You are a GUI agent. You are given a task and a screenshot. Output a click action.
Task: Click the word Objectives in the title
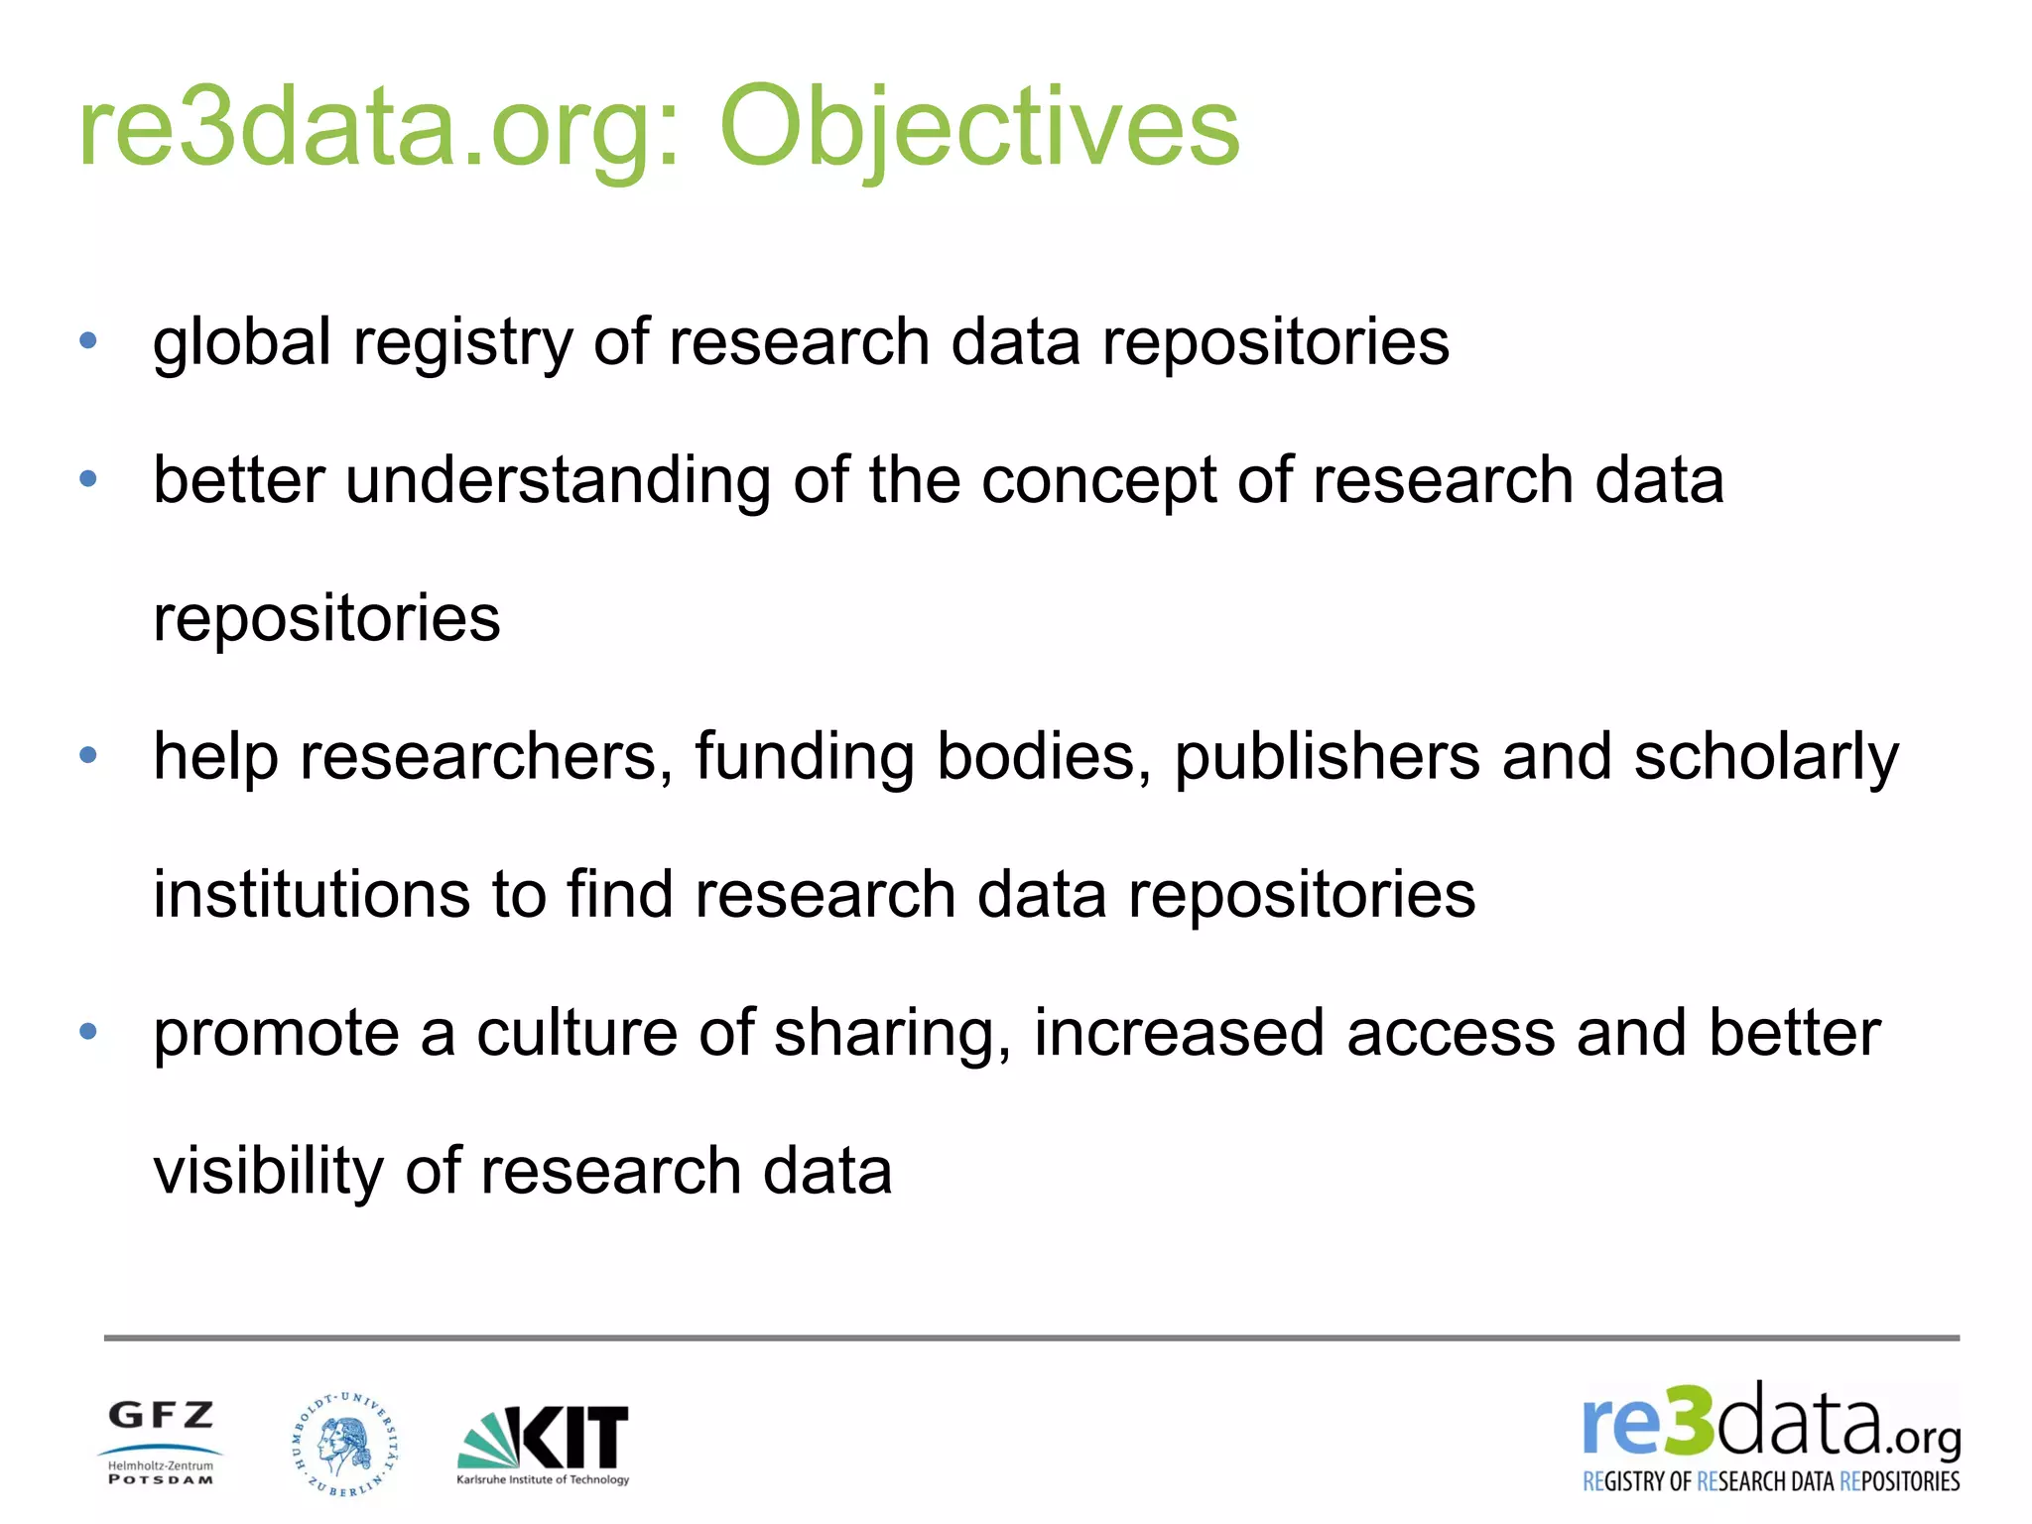978,129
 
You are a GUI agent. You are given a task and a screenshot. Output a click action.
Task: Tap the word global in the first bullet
242,343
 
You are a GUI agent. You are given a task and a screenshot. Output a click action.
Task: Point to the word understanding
558,481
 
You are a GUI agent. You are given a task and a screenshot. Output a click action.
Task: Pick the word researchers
479,757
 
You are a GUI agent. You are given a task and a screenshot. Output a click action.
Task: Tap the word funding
804,757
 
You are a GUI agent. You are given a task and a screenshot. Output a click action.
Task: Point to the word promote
276,1034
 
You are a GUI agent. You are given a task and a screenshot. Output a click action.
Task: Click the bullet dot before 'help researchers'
88,756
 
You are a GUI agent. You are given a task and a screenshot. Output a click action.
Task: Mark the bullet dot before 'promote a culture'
88,1032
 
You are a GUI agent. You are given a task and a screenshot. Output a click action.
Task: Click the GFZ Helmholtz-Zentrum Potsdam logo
161,1442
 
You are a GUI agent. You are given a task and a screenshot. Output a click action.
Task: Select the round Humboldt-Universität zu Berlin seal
345,1444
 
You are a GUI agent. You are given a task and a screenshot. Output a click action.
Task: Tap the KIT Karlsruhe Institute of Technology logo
543,1445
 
